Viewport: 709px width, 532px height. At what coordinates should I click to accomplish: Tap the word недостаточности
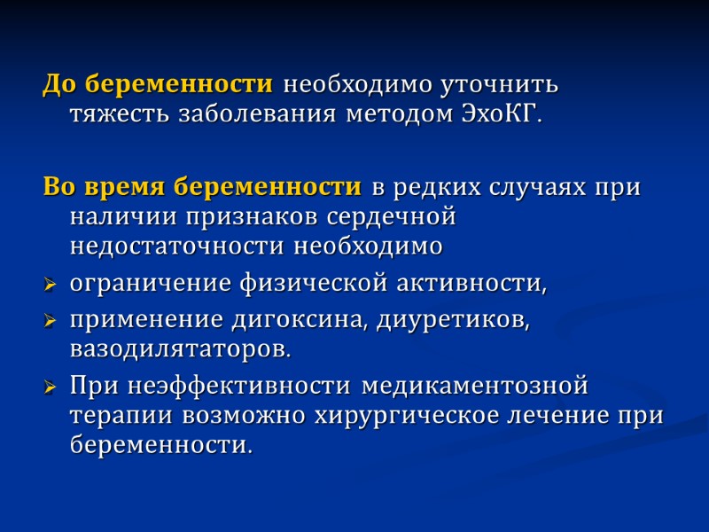point(178,245)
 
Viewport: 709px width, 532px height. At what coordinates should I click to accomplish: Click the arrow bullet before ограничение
point(51,286)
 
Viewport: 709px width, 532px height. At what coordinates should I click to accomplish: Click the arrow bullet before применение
point(51,323)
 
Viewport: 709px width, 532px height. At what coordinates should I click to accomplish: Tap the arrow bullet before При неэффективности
point(51,388)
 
